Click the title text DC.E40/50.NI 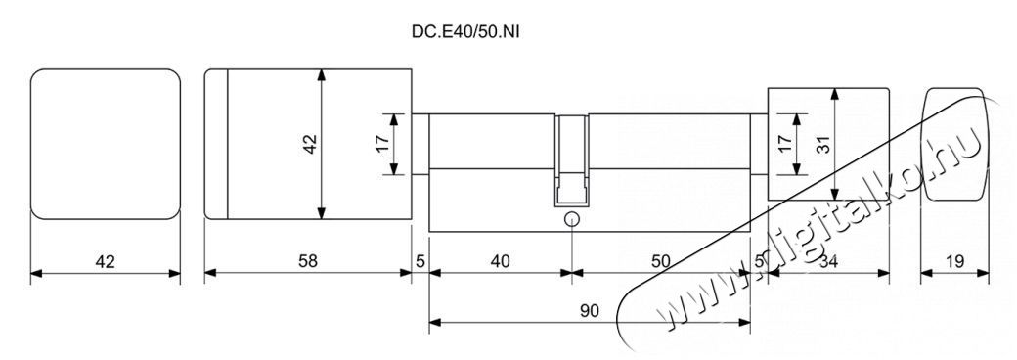(465, 31)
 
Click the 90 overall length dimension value (590, 309)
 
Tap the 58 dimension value (308, 261)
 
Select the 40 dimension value (500, 261)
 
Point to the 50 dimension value (660, 261)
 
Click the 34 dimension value (830, 261)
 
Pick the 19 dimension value (954, 261)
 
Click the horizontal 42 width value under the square (105, 261)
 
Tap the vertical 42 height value (310, 144)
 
